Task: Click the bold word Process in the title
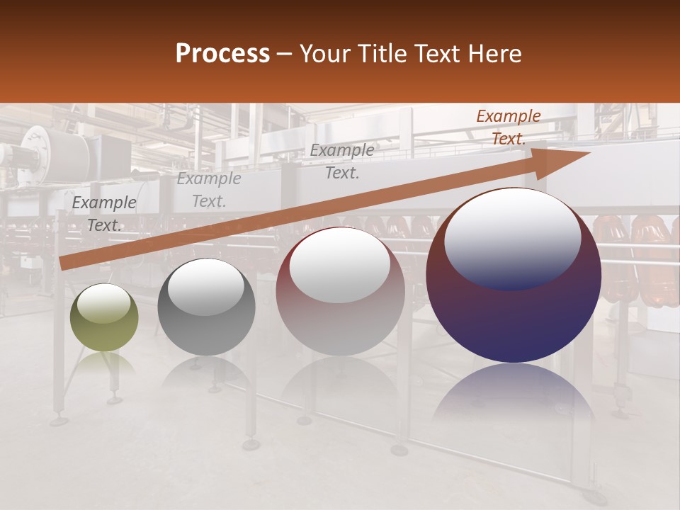coord(222,54)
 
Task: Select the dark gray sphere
coord(206,307)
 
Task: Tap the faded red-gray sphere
coord(340,292)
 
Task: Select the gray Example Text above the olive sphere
coord(104,214)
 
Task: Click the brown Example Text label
coord(508,127)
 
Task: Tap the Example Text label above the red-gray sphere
coord(342,161)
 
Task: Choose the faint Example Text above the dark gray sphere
coord(209,190)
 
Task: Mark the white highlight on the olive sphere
coord(104,303)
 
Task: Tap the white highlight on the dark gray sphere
coord(206,285)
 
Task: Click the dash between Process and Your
coord(284,54)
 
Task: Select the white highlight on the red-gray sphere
coord(340,263)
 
